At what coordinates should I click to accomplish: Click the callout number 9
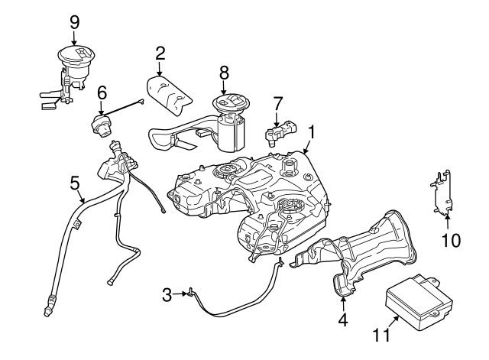pos(75,22)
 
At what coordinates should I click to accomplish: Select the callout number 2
pos(160,54)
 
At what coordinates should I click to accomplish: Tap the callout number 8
pos(224,73)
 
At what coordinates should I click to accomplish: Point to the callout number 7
pos(277,104)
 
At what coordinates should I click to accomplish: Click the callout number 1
pos(312,132)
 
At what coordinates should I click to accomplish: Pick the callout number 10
pos(451,241)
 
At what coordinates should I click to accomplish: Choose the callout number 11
pos(381,336)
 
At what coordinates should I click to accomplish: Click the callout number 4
pos(343,320)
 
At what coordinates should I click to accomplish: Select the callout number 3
pos(167,295)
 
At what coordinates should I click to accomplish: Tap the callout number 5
pos(75,183)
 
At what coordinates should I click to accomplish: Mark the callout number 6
pos(102,93)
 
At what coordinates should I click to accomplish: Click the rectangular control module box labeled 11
pos(419,301)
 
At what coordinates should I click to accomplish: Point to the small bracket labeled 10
pos(441,193)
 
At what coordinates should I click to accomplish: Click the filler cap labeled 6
pos(101,125)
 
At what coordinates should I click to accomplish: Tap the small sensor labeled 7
pos(280,131)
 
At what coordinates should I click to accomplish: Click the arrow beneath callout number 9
pos(74,39)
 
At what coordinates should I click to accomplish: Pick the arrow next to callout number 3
pos(180,294)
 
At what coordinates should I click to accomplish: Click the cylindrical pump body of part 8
pos(231,134)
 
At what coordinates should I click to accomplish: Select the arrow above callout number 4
pos(343,303)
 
